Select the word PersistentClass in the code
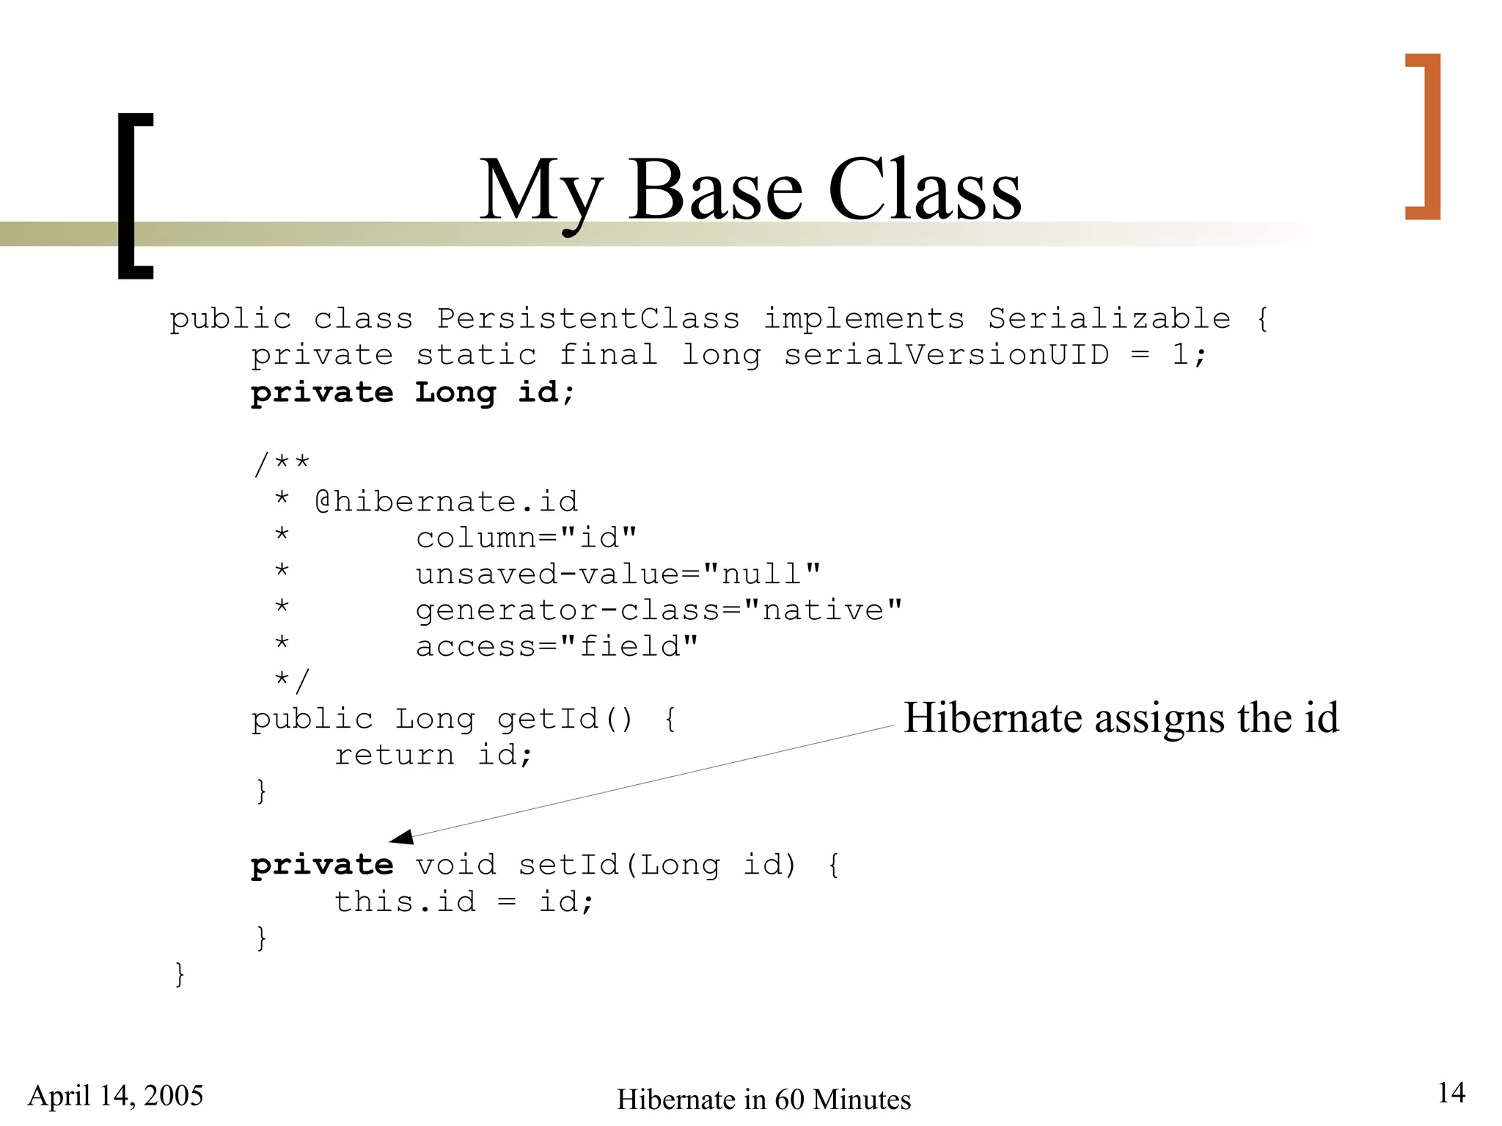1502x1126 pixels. point(588,319)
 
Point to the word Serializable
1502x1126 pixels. point(1109,319)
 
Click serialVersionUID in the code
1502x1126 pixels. point(946,355)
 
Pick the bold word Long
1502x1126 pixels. point(455,392)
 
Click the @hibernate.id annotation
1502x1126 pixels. point(446,502)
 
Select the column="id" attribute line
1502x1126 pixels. point(526,538)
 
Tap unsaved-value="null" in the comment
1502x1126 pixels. point(618,574)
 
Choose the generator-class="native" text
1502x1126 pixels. point(659,610)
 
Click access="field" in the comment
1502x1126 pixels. point(557,646)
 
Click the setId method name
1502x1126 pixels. point(569,865)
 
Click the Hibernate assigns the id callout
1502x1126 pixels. point(1121,717)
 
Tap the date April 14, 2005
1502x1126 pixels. point(116,1095)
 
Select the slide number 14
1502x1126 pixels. point(1451,1093)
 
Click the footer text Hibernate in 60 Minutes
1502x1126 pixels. point(763,1100)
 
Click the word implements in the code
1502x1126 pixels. point(864,319)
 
